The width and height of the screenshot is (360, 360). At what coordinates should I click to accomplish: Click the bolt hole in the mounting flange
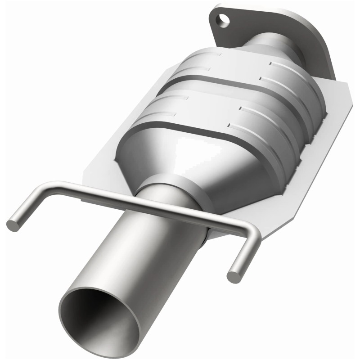pyautogui.click(x=221, y=19)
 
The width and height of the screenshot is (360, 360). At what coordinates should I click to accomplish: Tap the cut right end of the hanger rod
pyautogui.click(x=233, y=275)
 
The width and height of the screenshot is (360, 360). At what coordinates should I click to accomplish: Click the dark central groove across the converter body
pyautogui.click(x=238, y=90)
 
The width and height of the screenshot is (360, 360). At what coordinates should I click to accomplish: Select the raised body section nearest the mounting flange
pyautogui.click(x=252, y=67)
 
